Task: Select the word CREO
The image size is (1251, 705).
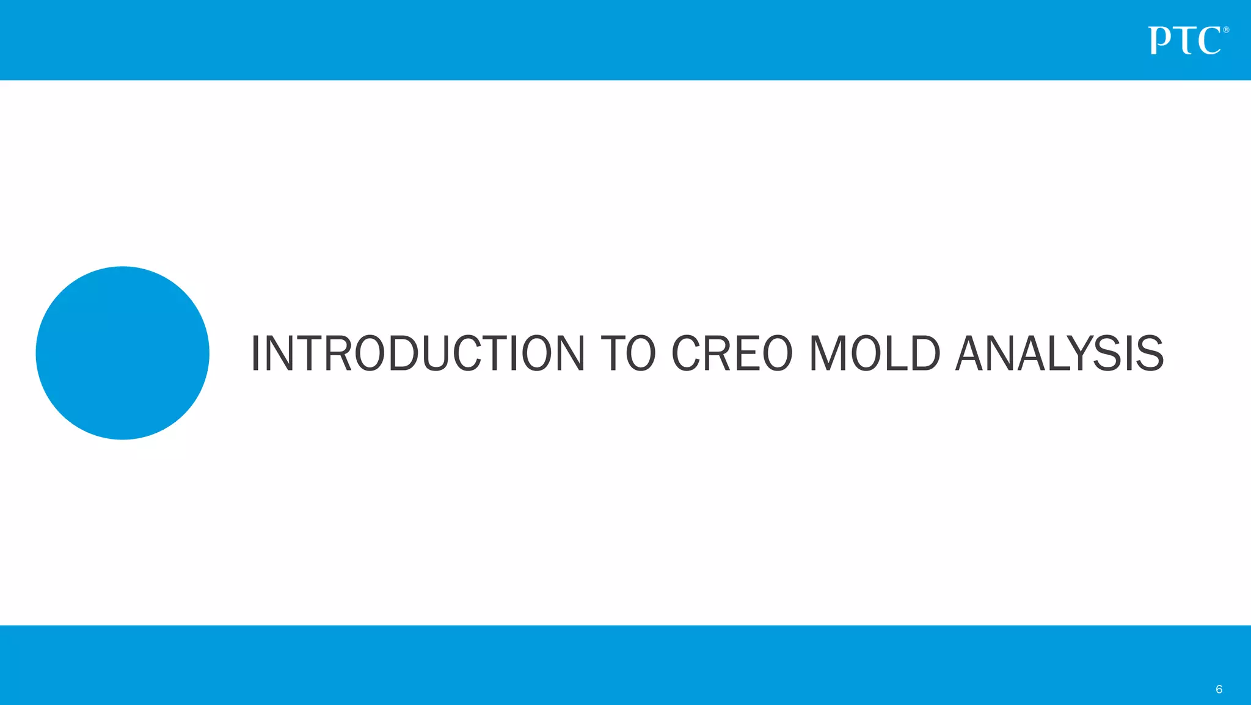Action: (x=732, y=353)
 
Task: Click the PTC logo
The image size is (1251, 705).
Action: (x=1185, y=41)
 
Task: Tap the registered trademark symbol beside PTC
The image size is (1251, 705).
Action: (x=1226, y=30)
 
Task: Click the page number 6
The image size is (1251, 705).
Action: (x=1219, y=689)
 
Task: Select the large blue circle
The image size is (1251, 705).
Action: (x=122, y=353)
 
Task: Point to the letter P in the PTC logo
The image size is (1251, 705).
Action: (x=1159, y=41)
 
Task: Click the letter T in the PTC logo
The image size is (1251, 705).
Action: (x=1184, y=41)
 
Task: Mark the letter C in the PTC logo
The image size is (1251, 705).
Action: (x=1209, y=41)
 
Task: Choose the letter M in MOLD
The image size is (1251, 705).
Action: (x=827, y=353)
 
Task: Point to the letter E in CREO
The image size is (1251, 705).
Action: (x=747, y=353)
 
